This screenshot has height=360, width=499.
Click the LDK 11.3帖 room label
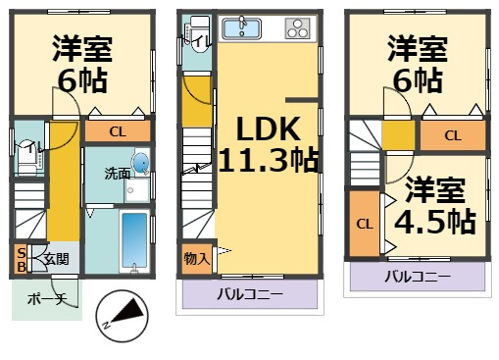click(268, 144)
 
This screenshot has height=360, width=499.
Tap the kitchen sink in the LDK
click(241, 28)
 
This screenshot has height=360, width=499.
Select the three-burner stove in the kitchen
click(297, 28)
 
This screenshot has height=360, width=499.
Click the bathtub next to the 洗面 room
click(134, 240)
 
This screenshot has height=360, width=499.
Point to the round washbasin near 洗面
click(140, 162)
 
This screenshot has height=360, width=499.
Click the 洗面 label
click(118, 174)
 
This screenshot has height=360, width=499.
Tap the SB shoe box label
click(22, 260)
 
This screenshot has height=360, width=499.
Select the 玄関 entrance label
click(57, 259)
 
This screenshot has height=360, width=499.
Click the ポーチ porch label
click(47, 298)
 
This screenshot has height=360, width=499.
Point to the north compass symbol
click(122, 316)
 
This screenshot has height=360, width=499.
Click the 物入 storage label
click(196, 259)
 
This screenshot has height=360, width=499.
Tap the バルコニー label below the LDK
click(250, 294)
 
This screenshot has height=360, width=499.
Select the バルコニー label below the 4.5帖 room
click(418, 277)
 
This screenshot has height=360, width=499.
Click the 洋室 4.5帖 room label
click(435, 206)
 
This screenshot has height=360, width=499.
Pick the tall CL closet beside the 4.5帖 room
click(365, 225)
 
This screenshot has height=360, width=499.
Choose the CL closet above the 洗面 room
click(118, 131)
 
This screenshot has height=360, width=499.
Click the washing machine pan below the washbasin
click(136, 190)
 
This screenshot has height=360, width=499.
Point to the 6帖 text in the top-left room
click(82, 80)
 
